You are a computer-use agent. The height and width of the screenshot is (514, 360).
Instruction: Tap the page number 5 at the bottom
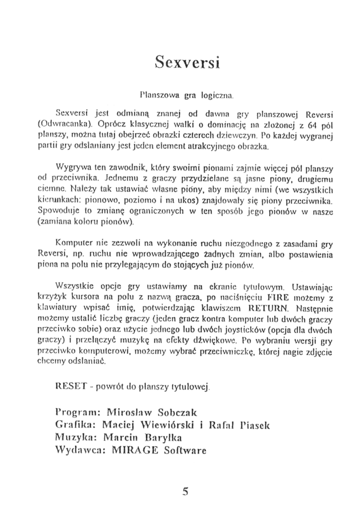coord(185,491)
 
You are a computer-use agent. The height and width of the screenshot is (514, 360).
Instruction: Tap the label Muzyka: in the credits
coord(76,437)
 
